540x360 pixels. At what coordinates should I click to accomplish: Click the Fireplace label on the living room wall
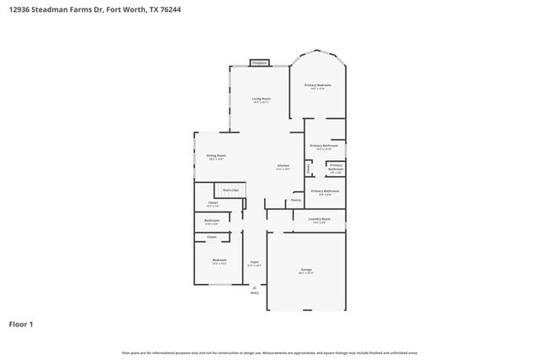(260, 62)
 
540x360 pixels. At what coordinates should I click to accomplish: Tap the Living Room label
(261, 99)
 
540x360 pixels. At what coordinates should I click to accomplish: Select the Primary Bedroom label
(317, 86)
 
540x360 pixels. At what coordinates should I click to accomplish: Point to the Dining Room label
(216, 156)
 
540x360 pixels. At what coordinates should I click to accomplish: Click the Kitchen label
(283, 165)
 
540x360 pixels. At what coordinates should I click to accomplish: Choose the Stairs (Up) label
(230, 191)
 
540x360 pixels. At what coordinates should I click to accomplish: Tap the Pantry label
(296, 201)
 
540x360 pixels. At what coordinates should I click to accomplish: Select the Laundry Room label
(319, 219)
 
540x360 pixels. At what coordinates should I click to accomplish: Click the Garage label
(305, 270)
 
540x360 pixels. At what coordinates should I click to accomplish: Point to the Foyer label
(254, 262)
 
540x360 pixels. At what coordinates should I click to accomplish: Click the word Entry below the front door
(254, 293)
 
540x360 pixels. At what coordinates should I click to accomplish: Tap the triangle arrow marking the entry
(254, 286)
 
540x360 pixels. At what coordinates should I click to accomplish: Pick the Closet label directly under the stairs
(213, 202)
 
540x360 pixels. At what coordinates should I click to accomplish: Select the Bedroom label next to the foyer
(219, 260)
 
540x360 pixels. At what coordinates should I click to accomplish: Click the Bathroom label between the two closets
(212, 221)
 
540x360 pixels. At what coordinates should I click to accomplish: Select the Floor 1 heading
(21, 324)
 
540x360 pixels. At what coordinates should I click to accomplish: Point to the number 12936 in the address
(24, 9)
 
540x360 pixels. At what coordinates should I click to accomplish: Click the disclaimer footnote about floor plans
(270, 352)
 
